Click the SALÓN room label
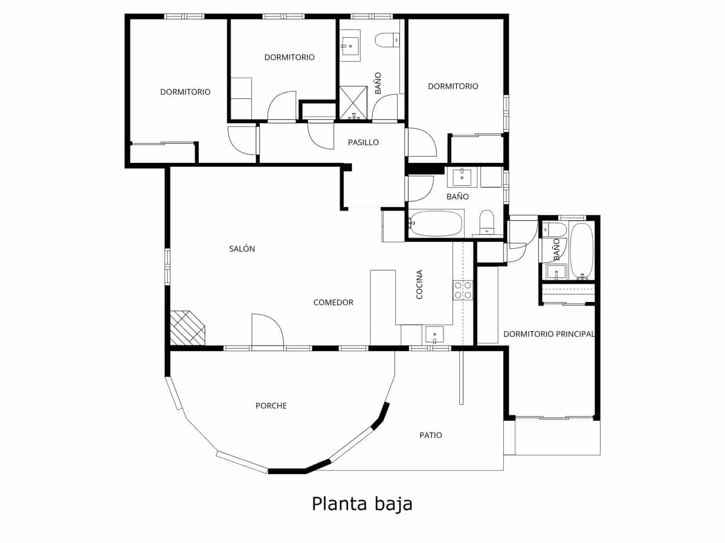[x=242, y=249]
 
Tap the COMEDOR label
[x=333, y=302]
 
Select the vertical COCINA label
[x=419, y=285]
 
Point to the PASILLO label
[x=363, y=143]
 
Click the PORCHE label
[x=271, y=406]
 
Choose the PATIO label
[x=430, y=435]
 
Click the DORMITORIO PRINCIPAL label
[x=549, y=334]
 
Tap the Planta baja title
[x=362, y=504]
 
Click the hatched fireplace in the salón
[x=187, y=328]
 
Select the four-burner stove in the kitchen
[x=463, y=290]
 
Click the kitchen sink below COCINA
[x=434, y=335]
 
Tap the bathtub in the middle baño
[x=436, y=223]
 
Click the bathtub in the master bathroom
[x=581, y=251]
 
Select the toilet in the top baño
[x=387, y=40]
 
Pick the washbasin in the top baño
[x=350, y=46]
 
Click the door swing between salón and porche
[x=267, y=330]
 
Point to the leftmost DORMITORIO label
[x=185, y=92]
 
